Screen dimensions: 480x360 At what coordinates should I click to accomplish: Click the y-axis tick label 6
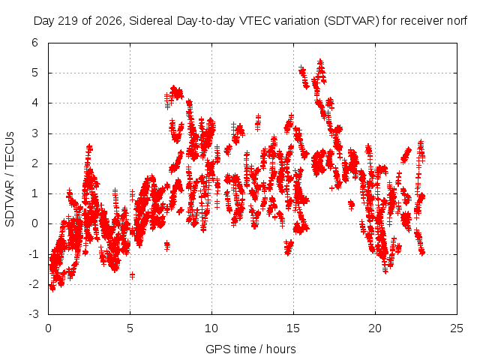(35, 43)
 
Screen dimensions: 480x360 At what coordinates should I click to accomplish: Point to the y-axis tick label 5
(35, 73)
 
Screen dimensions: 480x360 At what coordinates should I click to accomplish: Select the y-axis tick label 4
(35, 103)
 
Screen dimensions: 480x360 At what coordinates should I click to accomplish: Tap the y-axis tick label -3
(33, 314)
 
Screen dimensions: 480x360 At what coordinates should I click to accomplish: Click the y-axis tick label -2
(33, 284)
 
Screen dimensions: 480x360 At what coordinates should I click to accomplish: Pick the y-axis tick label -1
(33, 254)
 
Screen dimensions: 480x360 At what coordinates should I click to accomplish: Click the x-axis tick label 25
(457, 328)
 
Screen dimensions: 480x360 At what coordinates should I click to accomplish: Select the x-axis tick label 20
(375, 328)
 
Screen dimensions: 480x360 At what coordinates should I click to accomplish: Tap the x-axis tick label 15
(293, 328)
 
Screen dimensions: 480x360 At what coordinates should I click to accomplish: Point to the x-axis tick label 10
(211, 328)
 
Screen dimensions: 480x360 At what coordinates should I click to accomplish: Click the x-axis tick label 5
(130, 328)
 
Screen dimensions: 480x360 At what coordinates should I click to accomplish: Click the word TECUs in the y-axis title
(10, 150)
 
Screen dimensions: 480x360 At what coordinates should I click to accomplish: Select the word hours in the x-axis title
(281, 349)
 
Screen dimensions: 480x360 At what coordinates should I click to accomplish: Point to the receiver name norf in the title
(457, 21)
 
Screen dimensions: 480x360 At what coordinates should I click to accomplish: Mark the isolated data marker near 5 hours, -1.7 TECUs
(132, 275)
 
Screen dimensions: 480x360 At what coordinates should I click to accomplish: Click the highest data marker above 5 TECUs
(320, 62)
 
